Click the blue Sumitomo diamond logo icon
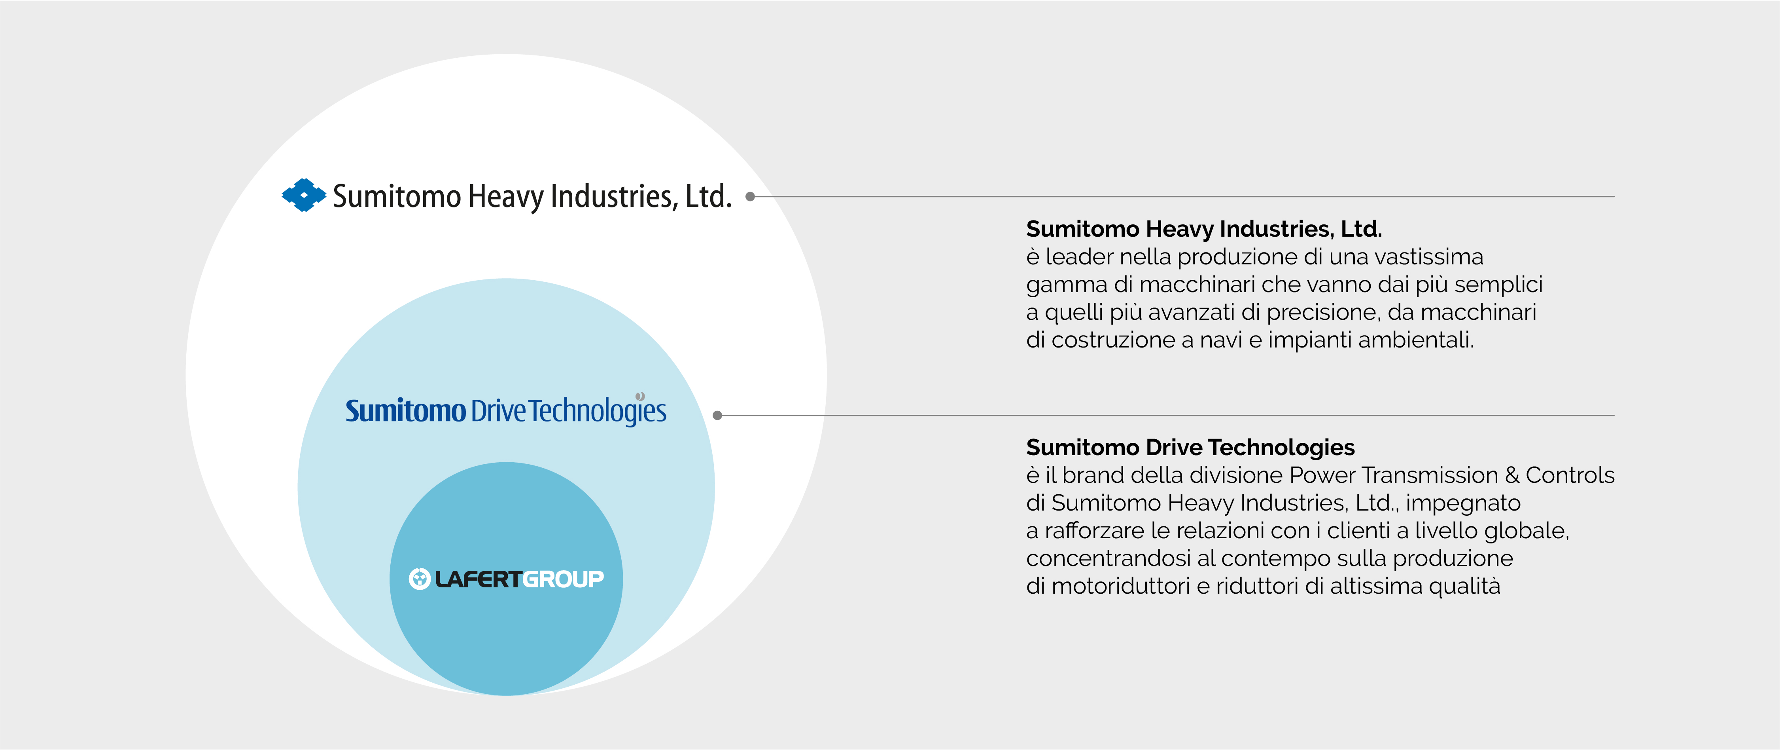[x=303, y=195]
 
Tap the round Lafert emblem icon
[x=420, y=579]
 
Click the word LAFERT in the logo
[x=477, y=579]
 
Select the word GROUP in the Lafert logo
[x=562, y=579]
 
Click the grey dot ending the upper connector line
[x=750, y=196]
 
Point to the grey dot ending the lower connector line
[x=717, y=416]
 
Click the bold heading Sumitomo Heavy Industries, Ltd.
[x=1204, y=229]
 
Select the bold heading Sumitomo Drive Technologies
[x=1190, y=447]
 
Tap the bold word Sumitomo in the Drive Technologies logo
[x=406, y=410]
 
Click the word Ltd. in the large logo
[x=708, y=196]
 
